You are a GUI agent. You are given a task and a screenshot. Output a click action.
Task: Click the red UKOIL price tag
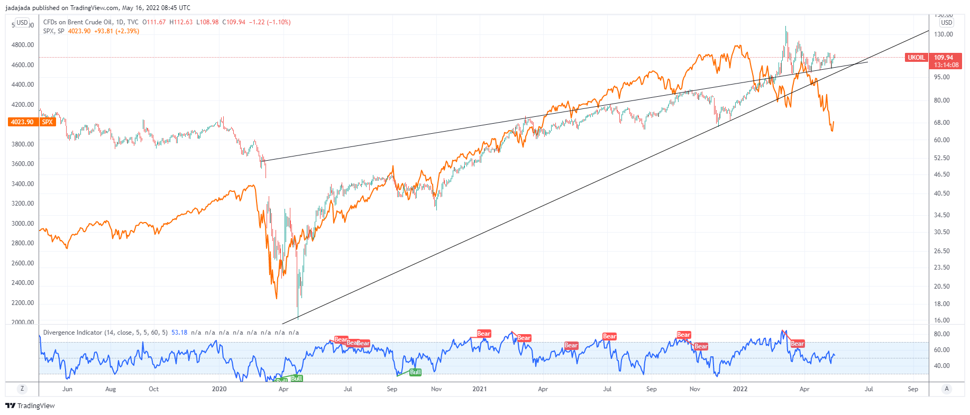(917, 58)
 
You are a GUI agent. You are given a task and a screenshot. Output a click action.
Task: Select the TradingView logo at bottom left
(30, 405)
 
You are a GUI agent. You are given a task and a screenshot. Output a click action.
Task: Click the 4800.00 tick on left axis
(23, 45)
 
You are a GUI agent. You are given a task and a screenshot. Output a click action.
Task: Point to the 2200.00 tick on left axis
(23, 303)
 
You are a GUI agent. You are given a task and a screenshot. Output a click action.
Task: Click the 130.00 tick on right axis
(944, 34)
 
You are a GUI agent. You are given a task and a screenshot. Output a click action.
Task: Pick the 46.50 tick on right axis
(942, 174)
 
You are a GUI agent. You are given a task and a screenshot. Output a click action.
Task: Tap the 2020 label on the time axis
(219, 389)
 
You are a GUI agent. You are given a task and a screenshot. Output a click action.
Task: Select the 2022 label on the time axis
(740, 389)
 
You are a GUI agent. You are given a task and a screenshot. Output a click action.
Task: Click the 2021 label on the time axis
(480, 389)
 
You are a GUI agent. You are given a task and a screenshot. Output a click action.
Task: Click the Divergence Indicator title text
(105, 333)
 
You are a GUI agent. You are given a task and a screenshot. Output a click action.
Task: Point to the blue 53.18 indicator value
(179, 333)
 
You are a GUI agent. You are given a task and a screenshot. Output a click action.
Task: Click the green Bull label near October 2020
(416, 372)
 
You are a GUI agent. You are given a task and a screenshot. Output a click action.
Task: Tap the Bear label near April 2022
(797, 344)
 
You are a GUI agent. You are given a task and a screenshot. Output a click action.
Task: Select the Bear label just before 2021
(483, 334)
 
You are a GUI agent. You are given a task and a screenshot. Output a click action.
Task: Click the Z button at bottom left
(22, 389)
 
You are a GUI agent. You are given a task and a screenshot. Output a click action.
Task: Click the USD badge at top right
(946, 23)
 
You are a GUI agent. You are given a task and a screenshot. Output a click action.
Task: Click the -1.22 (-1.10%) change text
(270, 22)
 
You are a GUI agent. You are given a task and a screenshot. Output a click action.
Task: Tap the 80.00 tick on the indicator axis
(942, 334)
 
